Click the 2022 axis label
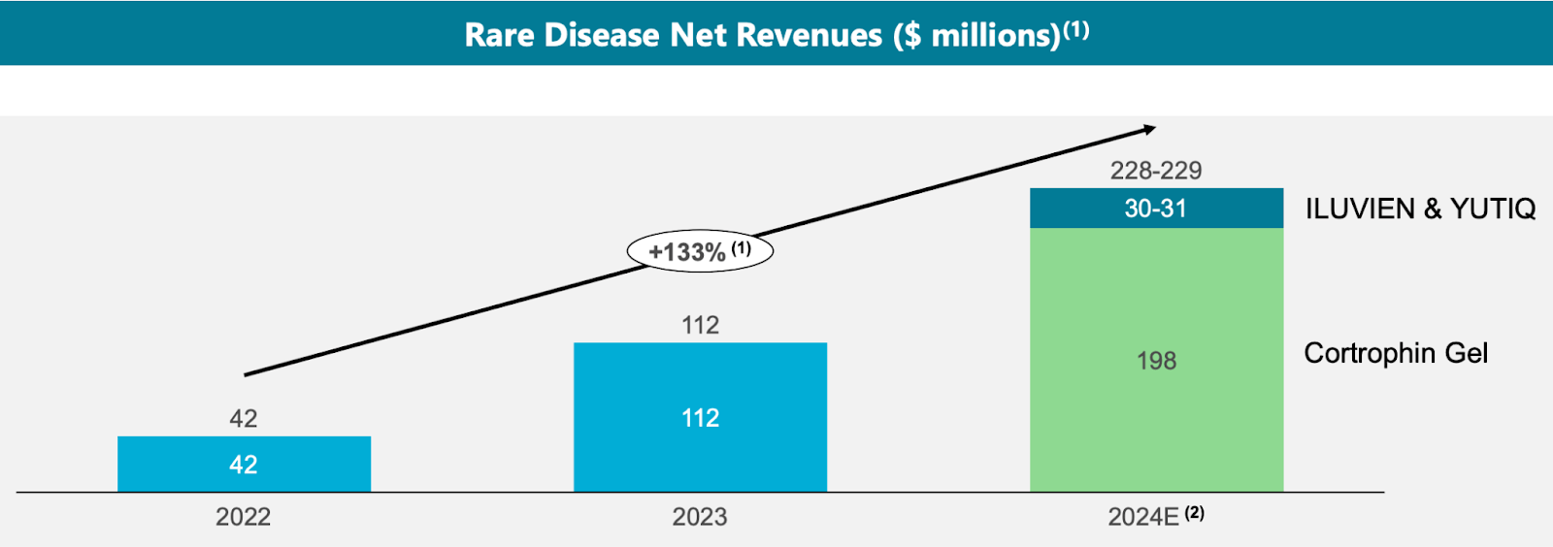(243, 517)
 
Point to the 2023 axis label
(700, 517)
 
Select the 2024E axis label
(1143, 517)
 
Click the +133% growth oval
(700, 251)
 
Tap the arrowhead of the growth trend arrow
(1150, 128)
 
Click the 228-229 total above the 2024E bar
(1156, 171)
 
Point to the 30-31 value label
(1155, 209)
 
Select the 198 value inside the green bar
(1156, 361)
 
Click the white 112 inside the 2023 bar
(700, 418)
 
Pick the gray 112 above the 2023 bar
(700, 325)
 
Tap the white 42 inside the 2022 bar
(243, 465)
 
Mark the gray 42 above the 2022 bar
(243, 418)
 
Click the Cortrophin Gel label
(1395, 353)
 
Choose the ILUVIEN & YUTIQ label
(1420, 209)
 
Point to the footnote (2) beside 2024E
(1194, 513)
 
